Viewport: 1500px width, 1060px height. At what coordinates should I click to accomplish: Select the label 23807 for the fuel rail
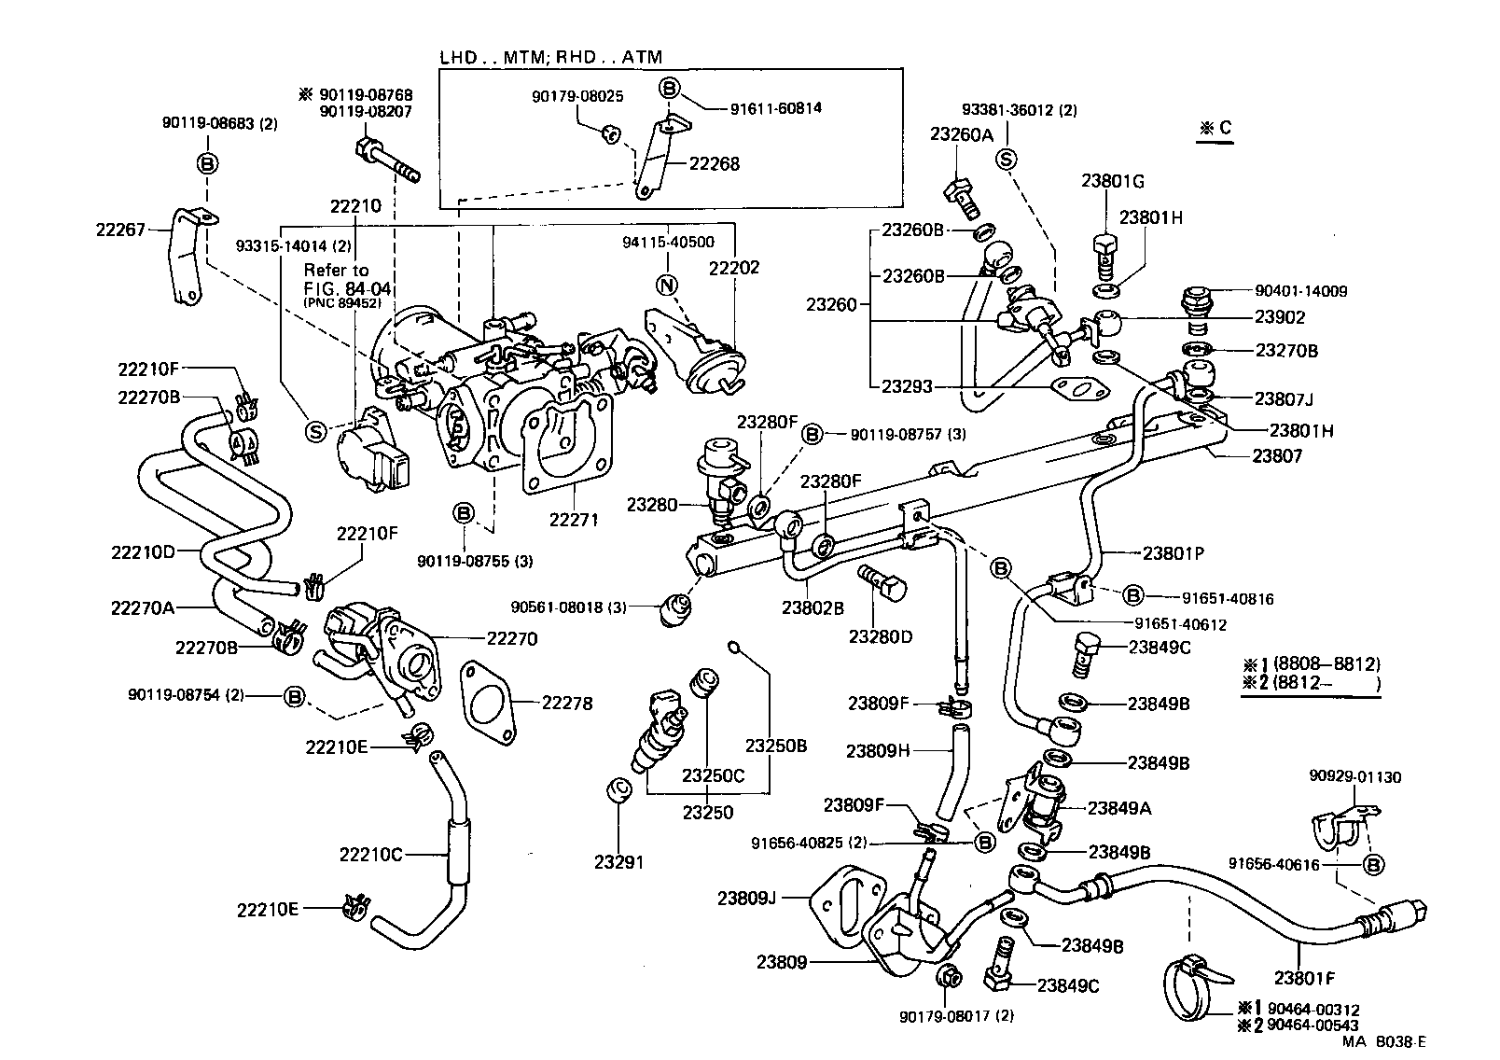click(x=1276, y=456)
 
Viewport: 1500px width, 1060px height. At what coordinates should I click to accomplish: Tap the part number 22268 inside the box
click(x=714, y=164)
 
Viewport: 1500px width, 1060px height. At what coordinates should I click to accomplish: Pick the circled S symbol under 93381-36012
click(x=1007, y=160)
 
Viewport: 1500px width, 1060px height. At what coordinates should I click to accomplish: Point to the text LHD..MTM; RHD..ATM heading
click(x=550, y=57)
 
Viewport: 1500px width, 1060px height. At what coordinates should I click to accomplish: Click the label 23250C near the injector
click(x=713, y=775)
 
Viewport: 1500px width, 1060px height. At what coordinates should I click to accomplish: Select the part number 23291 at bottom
click(x=618, y=862)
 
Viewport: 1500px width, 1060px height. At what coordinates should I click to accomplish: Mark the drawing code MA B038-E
click(x=1383, y=1042)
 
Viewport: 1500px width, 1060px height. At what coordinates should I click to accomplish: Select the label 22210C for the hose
click(x=370, y=855)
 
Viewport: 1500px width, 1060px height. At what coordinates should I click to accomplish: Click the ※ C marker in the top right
click(x=1216, y=129)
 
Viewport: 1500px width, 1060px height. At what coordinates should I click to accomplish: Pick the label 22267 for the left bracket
click(x=120, y=229)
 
